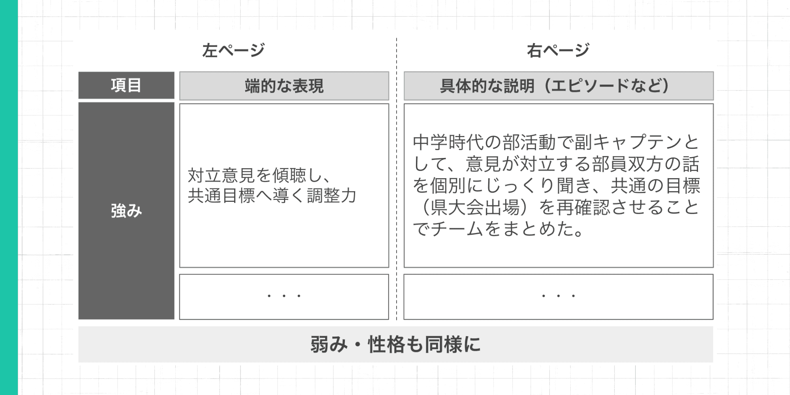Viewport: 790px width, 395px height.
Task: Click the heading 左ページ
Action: [233, 51]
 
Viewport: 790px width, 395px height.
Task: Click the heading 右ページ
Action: [558, 51]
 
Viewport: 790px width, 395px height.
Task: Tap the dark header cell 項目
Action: [126, 85]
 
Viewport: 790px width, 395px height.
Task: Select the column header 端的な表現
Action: [284, 86]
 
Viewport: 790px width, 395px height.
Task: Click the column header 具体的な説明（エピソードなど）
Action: [558, 86]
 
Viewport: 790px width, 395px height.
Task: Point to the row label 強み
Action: [126, 211]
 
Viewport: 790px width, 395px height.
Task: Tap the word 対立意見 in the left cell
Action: [221, 175]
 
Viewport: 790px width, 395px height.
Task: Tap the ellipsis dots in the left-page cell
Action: [284, 296]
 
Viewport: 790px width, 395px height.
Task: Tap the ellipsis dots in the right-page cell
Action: [558, 296]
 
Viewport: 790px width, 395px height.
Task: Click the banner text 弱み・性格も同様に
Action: [395, 344]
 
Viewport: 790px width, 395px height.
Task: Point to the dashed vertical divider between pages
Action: [397, 178]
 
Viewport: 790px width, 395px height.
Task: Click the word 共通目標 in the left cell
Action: [221, 196]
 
